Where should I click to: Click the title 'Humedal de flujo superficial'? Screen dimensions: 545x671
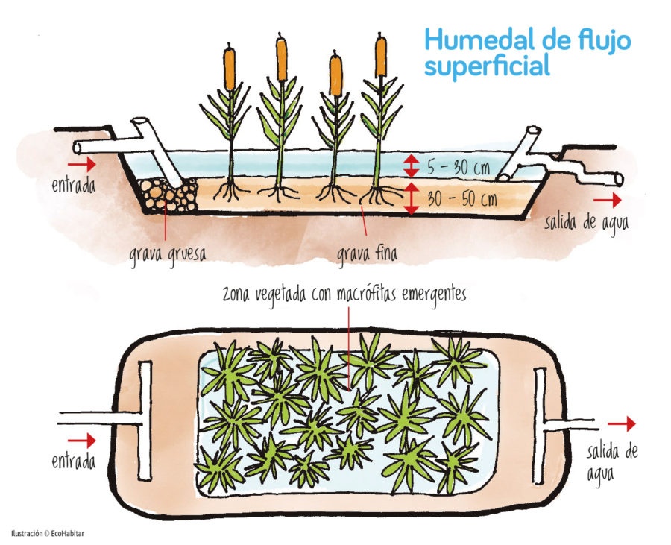526,52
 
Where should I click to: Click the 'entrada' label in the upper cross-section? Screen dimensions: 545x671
73,184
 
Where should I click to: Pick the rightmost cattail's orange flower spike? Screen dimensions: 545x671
381,55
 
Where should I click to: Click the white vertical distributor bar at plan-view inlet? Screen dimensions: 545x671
145,420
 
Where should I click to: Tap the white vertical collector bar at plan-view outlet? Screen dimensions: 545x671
540,422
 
